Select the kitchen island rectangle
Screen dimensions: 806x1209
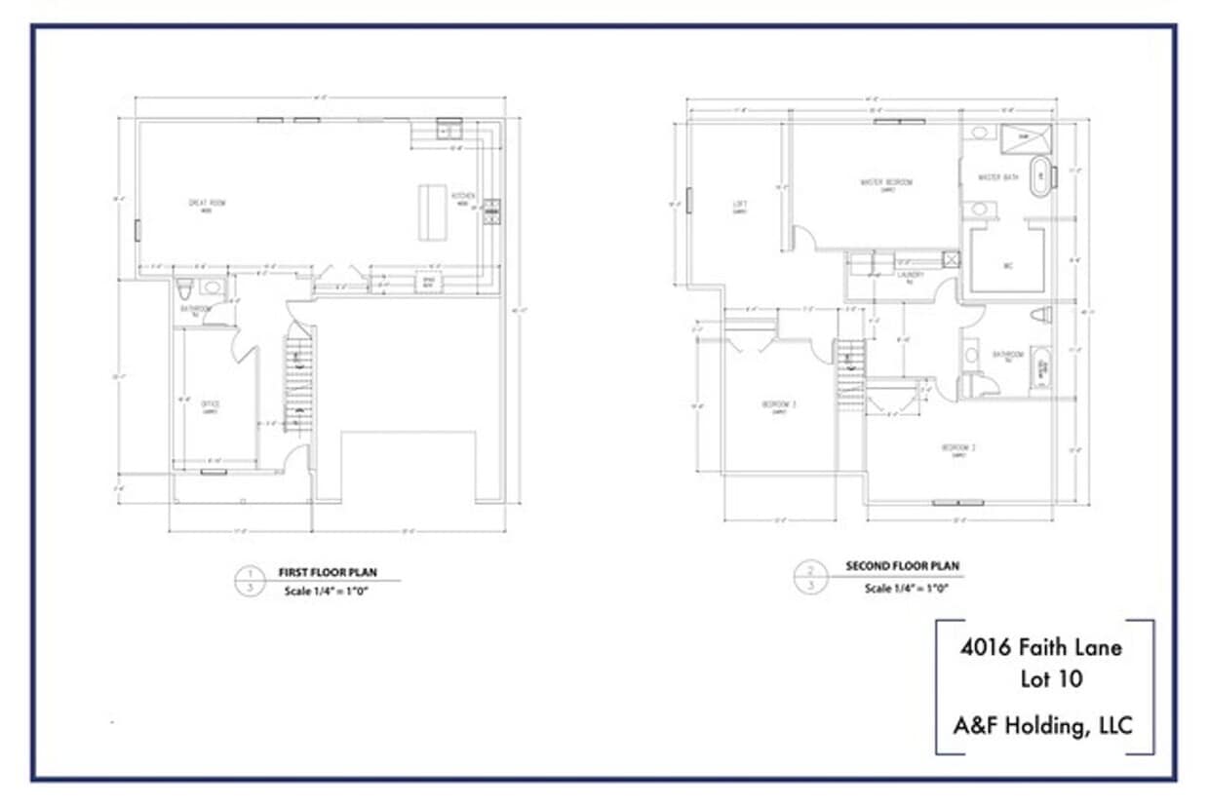tap(429, 211)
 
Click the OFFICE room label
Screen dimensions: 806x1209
tap(209, 403)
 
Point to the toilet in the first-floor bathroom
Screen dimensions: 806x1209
tap(185, 289)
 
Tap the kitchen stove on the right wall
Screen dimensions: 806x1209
tap(492, 211)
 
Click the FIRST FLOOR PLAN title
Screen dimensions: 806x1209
tap(328, 573)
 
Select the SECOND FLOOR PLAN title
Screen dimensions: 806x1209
tap(902, 566)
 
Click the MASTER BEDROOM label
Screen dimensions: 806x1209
tap(886, 182)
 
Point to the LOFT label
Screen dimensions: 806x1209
tap(739, 205)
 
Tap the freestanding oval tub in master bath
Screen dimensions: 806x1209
tap(1041, 176)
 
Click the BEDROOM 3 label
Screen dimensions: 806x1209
tap(779, 404)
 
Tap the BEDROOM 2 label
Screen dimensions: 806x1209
tap(958, 448)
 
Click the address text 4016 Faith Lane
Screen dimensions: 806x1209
tap(1041, 647)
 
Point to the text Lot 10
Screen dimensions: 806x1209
tap(1051, 679)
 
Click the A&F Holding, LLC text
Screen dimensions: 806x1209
tap(1043, 725)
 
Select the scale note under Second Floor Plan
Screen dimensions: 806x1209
tap(907, 588)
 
